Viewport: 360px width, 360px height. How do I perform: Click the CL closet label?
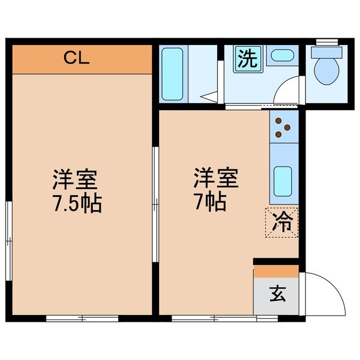click(x=76, y=58)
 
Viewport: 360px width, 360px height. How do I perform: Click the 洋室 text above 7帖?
click(x=217, y=179)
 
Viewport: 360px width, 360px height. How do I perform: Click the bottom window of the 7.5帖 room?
click(x=82, y=318)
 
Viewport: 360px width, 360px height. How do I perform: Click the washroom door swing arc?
click(x=287, y=90)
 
